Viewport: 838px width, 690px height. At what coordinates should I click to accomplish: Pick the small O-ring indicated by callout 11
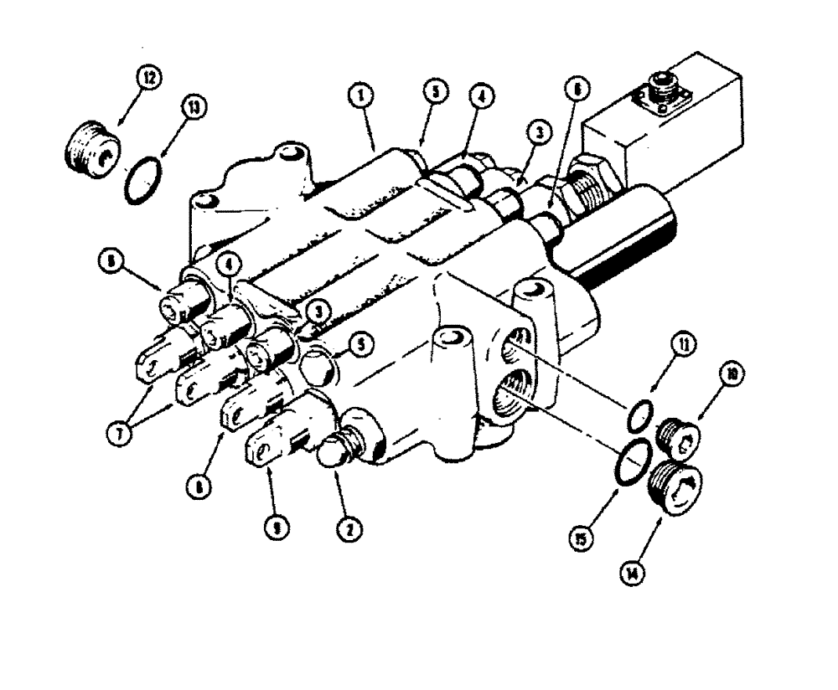pos(641,414)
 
